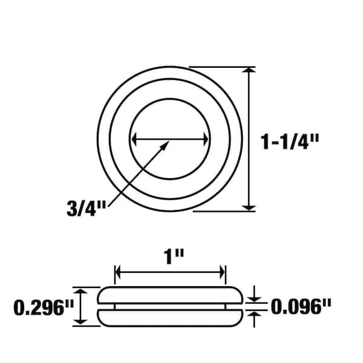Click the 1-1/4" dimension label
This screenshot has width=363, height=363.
coord(290,142)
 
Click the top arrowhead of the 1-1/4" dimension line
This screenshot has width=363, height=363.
coord(249,71)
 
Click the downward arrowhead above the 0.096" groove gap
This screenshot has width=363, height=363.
coord(255,299)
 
